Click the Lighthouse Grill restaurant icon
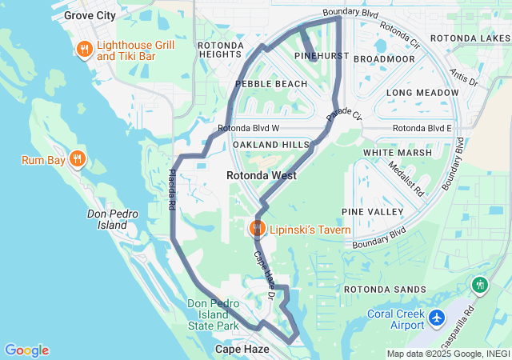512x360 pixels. click(85, 51)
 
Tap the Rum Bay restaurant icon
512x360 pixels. click(77, 158)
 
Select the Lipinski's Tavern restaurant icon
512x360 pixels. click(258, 229)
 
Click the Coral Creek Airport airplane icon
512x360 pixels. click(437, 318)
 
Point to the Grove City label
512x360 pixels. click(90, 15)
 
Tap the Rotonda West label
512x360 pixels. click(262, 175)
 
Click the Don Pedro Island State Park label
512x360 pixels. click(214, 314)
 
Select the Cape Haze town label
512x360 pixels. click(241, 350)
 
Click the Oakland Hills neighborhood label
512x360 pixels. click(270, 144)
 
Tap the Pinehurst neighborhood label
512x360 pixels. click(318, 58)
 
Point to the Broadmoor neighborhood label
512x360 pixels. click(384, 59)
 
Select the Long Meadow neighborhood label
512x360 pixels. click(422, 93)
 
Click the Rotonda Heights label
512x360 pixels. click(220, 50)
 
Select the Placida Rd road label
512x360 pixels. click(172, 189)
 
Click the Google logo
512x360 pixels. click(26, 350)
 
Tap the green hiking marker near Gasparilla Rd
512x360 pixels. click(480, 284)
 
